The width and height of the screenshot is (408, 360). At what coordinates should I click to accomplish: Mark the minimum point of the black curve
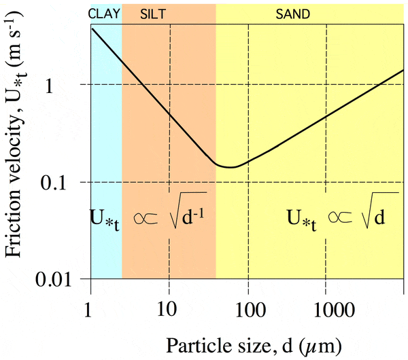231,166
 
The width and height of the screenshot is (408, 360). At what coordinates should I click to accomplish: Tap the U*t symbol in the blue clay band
105,221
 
